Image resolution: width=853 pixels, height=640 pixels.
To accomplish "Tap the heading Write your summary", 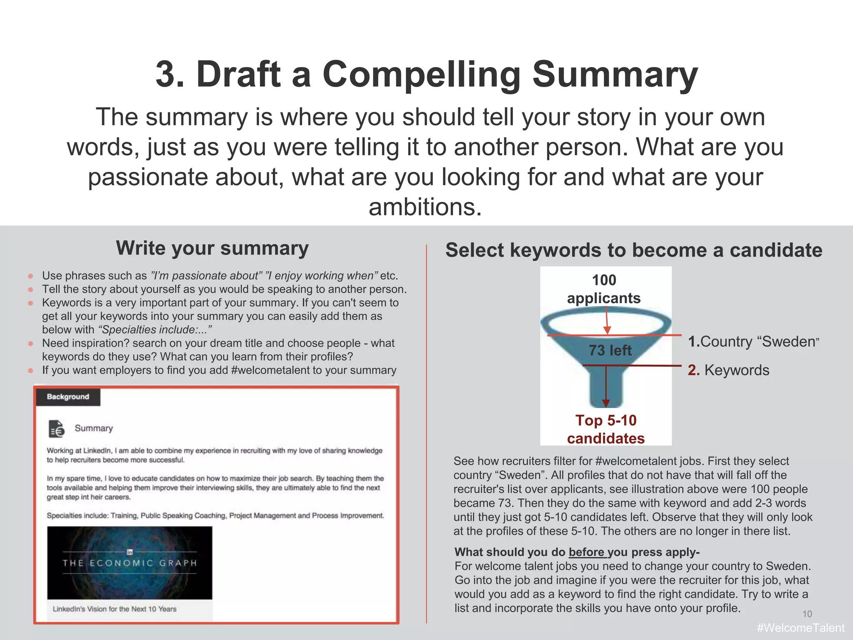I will (212, 249).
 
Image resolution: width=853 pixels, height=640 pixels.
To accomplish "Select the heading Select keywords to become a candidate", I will (634, 251).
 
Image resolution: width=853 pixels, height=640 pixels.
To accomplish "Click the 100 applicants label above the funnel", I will (604, 289).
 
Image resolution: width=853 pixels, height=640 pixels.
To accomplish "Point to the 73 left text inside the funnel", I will (610, 351).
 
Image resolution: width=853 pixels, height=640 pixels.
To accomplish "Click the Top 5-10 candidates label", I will (606, 429).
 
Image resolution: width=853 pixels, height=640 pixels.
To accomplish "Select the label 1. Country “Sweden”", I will (753, 342).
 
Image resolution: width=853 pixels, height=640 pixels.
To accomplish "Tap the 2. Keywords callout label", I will (728, 370).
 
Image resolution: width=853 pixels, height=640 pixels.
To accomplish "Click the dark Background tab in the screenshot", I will (68, 397).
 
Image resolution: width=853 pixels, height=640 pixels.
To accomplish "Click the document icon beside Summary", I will (57, 429).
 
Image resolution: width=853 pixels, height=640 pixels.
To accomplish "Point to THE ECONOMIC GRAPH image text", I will (130, 563).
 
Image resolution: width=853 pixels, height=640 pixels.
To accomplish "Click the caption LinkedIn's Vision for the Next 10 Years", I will (115, 609).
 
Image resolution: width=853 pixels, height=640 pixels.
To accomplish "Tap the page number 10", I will (807, 614).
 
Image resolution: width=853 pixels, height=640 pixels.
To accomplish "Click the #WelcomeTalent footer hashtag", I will (800, 628).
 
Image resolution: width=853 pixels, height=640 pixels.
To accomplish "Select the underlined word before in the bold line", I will (586, 552).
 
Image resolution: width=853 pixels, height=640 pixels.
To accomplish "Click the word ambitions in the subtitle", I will (425, 207).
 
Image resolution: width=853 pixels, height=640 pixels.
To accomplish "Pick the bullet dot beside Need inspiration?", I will (31, 344).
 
